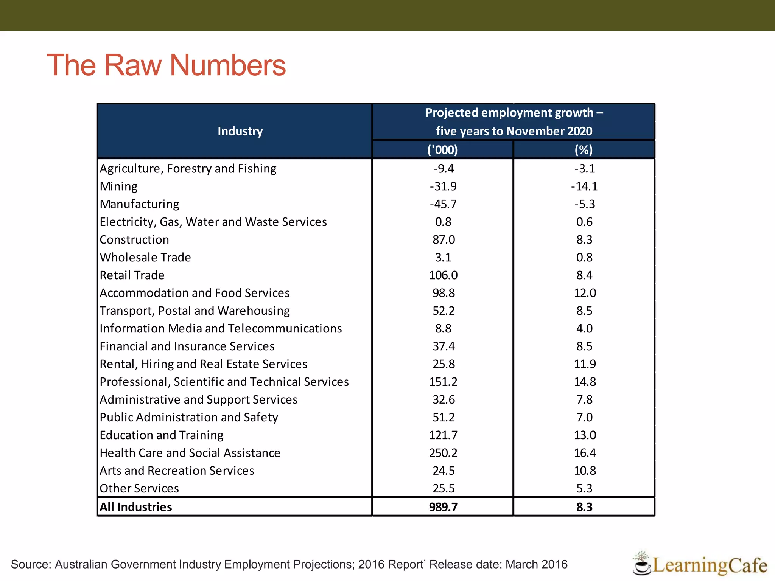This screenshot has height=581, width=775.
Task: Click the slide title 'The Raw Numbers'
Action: (x=166, y=65)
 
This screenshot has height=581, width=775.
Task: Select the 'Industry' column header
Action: (x=240, y=131)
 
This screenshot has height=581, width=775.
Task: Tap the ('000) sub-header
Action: (x=442, y=150)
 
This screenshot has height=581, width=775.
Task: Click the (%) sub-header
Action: (x=584, y=150)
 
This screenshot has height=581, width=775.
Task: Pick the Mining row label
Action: (x=118, y=186)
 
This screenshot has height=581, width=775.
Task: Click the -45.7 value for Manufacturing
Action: (x=443, y=204)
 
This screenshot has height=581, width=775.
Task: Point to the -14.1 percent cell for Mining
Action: (x=584, y=186)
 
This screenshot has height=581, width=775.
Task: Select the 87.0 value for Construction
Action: (x=444, y=240)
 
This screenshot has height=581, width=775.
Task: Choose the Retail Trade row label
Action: (x=132, y=275)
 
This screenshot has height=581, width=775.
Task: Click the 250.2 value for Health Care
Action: (x=443, y=453)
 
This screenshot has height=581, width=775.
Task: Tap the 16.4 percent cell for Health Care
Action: (x=585, y=453)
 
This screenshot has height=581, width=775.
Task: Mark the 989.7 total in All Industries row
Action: (x=443, y=507)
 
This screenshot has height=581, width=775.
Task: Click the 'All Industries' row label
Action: (x=136, y=507)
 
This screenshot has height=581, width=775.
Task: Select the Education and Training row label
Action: (x=162, y=435)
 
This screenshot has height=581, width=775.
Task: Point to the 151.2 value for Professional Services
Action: (x=443, y=382)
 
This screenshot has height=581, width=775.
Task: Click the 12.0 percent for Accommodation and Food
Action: (x=585, y=293)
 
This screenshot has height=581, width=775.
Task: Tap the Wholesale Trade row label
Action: (x=145, y=258)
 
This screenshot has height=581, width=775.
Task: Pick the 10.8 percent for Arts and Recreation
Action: (x=585, y=471)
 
